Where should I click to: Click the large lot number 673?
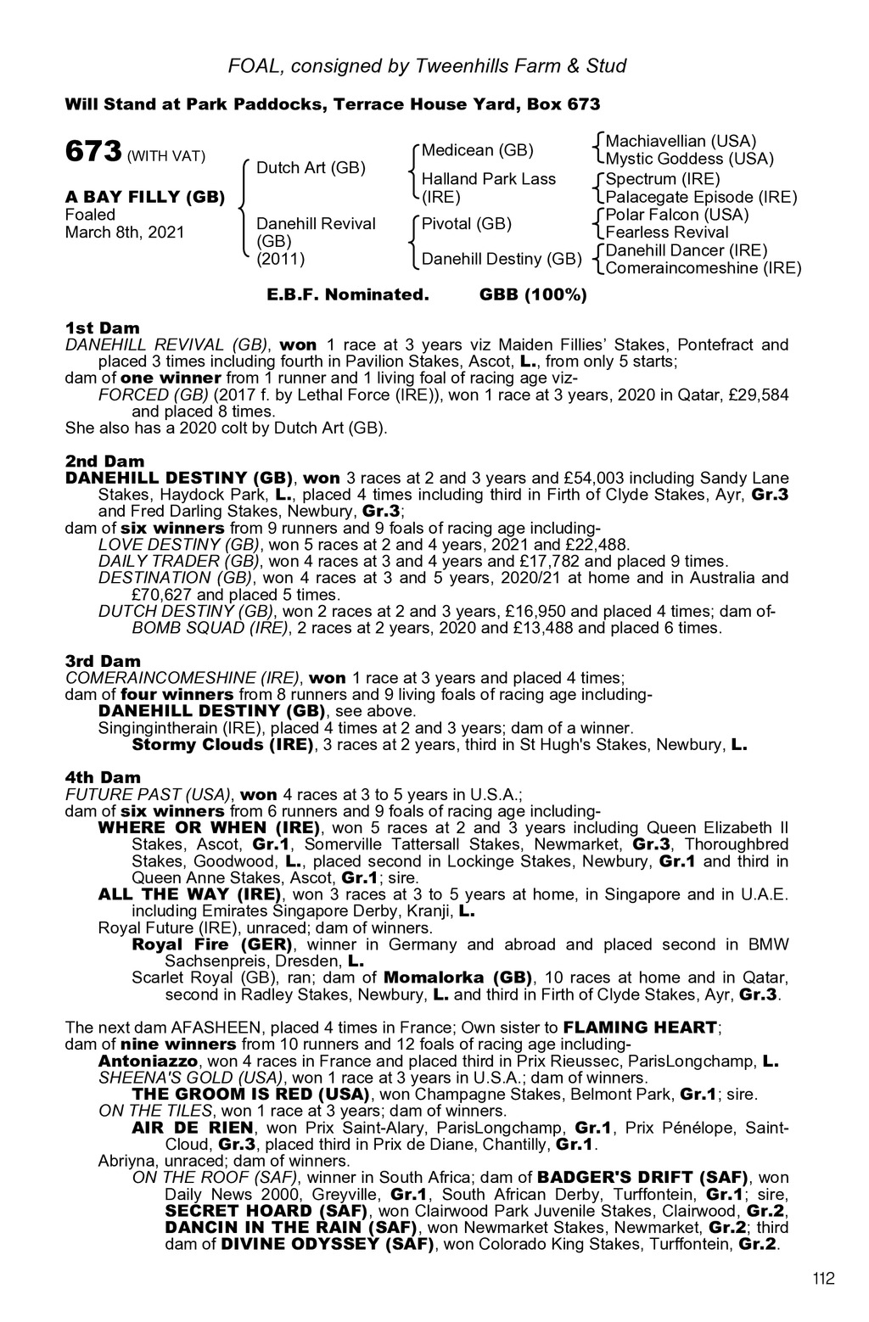click(93, 153)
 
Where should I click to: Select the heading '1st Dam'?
click(103, 328)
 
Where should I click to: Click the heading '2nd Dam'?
click(104, 461)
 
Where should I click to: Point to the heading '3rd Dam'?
click(104, 661)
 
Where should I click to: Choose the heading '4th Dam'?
click(103, 777)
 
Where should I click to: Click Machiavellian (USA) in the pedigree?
click(681, 141)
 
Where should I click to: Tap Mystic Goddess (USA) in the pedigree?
click(689, 159)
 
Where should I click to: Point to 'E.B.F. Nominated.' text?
click(348, 295)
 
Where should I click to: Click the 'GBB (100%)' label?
click(533, 295)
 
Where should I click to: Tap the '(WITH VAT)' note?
click(166, 156)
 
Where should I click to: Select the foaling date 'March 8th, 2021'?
click(125, 232)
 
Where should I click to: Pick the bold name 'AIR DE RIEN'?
click(193, 1128)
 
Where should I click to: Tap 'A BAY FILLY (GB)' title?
click(144, 197)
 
